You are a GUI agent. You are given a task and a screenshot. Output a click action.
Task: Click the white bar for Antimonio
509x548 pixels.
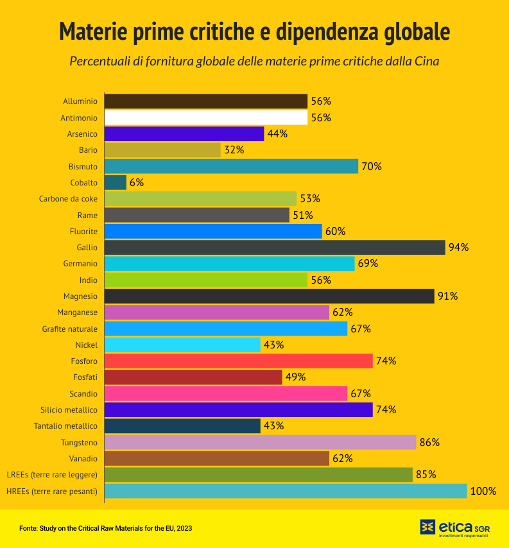[205, 117]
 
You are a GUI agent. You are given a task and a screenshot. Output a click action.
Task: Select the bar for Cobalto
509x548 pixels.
[115, 182]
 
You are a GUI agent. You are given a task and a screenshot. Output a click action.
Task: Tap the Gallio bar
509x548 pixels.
[274, 247]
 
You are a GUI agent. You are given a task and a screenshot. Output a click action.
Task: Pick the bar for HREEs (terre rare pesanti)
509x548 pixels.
[285, 491]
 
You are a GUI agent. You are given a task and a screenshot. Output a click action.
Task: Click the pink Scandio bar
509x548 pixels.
[225, 393]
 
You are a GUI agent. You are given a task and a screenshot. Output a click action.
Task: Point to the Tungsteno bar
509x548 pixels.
[260, 442]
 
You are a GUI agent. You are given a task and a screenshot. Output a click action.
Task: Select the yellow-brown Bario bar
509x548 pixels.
[162, 150]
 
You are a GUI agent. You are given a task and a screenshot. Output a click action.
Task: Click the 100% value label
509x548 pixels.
[483, 491]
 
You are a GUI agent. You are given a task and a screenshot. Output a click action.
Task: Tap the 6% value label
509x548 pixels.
[137, 182]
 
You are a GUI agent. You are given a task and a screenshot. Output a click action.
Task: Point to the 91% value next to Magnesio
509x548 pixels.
[448, 296]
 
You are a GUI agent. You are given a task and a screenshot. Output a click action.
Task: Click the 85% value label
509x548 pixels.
[426, 475]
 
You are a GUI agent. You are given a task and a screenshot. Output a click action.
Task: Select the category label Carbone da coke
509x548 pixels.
[68, 199]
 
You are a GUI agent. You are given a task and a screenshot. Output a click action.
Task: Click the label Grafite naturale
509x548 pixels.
[70, 329]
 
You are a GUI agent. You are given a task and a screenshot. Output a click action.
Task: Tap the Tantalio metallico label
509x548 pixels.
[65, 426]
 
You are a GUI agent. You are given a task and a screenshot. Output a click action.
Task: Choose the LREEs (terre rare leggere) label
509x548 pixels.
[52, 475]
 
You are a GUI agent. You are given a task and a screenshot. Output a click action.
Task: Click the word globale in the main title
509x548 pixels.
[406, 32]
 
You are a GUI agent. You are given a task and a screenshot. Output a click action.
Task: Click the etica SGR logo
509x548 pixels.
[454, 527]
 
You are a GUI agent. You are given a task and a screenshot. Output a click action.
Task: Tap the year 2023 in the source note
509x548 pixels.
[184, 528]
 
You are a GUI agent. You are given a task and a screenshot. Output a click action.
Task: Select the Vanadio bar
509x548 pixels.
[216, 458]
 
